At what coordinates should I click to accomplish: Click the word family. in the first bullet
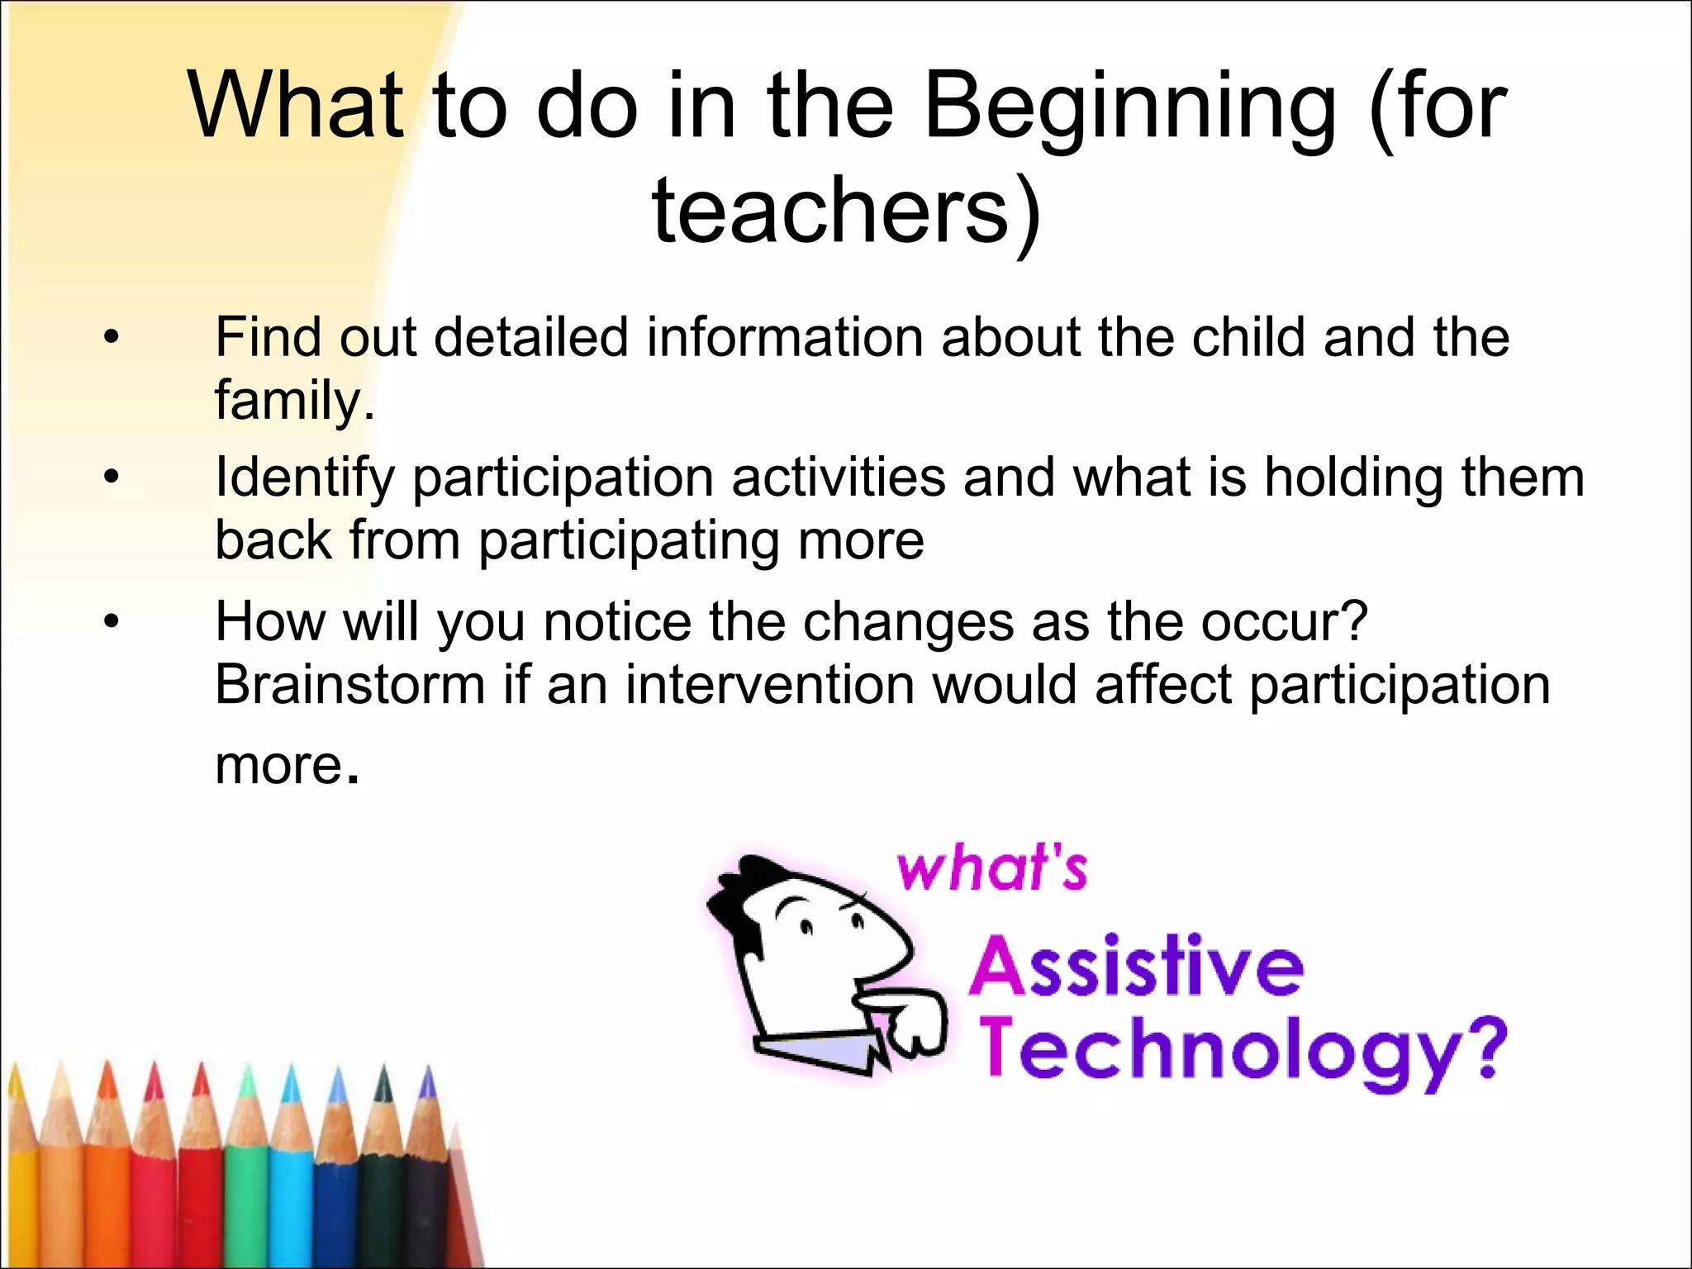(x=294, y=401)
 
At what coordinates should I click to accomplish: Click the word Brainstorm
(x=349, y=686)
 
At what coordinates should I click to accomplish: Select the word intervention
(x=768, y=686)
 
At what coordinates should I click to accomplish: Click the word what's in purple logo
(x=991, y=869)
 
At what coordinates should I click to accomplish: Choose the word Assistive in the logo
(x=1137, y=967)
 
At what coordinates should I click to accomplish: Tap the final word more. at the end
(x=286, y=765)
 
